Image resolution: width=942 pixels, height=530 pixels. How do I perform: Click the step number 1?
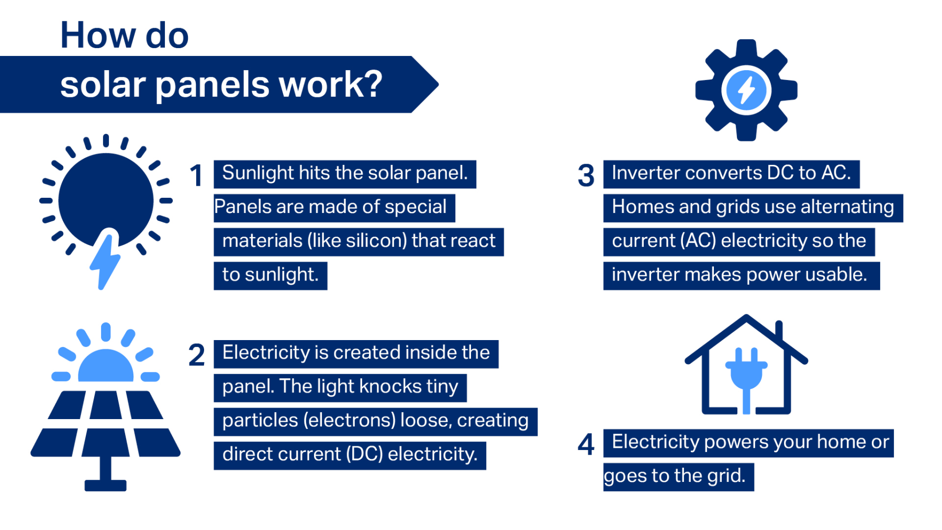click(196, 176)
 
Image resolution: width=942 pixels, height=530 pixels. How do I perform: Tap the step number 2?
click(196, 355)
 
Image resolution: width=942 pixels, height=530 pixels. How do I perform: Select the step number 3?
click(586, 176)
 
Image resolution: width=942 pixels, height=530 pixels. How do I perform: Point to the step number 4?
click(586, 445)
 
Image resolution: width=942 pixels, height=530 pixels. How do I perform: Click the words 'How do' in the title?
click(124, 36)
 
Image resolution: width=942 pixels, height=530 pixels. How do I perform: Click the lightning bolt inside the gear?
click(746, 90)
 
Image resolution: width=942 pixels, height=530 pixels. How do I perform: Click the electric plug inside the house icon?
click(746, 374)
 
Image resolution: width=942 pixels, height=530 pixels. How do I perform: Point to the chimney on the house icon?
click(779, 331)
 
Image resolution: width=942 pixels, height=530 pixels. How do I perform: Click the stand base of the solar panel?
click(105, 485)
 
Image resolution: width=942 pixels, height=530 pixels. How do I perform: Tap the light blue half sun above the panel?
click(106, 366)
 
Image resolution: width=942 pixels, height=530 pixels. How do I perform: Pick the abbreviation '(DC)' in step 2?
click(364, 455)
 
